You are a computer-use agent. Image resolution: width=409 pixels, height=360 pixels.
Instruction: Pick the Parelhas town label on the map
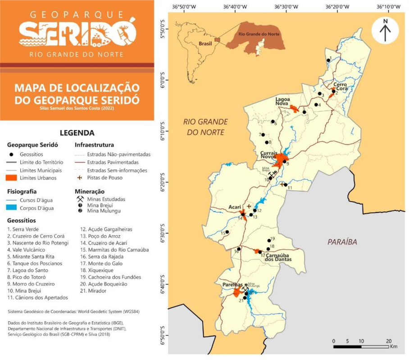[232, 285]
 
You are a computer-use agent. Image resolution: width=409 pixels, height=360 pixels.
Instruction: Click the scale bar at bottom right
[361, 346]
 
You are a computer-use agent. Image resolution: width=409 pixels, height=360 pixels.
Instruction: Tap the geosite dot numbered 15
[227, 232]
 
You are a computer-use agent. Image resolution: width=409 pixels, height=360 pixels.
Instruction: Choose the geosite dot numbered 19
[269, 240]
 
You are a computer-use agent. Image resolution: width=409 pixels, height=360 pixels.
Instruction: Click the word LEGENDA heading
[77, 133]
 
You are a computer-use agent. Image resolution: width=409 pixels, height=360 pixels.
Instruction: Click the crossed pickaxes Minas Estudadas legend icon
[80, 198]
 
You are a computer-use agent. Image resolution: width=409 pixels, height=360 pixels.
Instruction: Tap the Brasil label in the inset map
[205, 44]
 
